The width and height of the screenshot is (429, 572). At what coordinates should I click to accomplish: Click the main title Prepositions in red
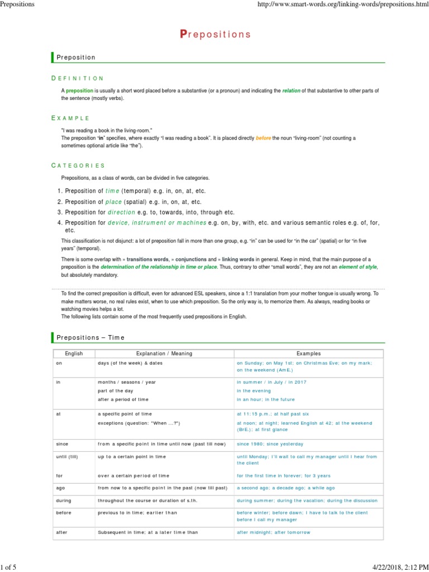tap(215, 35)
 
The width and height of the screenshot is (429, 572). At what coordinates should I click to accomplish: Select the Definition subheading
tap(78, 78)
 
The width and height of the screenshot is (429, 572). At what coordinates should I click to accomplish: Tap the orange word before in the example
tap(263, 138)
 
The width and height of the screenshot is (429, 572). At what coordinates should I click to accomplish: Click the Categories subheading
tap(78, 165)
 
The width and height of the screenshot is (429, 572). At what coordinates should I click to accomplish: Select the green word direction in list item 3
tap(121, 212)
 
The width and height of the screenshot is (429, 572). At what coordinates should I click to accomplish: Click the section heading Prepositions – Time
tap(89, 337)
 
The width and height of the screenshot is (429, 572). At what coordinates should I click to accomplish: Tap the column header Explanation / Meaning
tap(164, 354)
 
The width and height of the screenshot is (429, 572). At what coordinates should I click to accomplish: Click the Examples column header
tap(308, 354)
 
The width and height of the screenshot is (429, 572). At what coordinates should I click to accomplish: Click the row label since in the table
tap(62, 444)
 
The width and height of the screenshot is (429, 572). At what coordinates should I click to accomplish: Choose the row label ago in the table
tap(60, 488)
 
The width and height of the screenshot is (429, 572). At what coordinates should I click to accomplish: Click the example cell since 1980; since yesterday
tap(270, 444)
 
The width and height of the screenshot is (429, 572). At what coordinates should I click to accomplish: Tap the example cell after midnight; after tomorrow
tap(273, 532)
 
